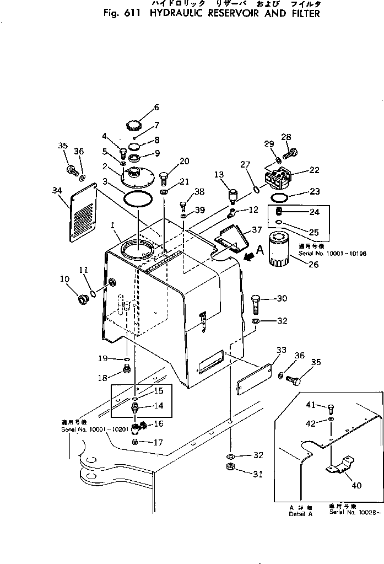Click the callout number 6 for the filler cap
[x=140, y=107]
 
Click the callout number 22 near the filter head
[x=314, y=170]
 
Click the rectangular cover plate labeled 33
[x=253, y=379]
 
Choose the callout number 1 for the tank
[x=112, y=225]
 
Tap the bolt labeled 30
[x=255, y=302]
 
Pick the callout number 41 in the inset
[x=310, y=405]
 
